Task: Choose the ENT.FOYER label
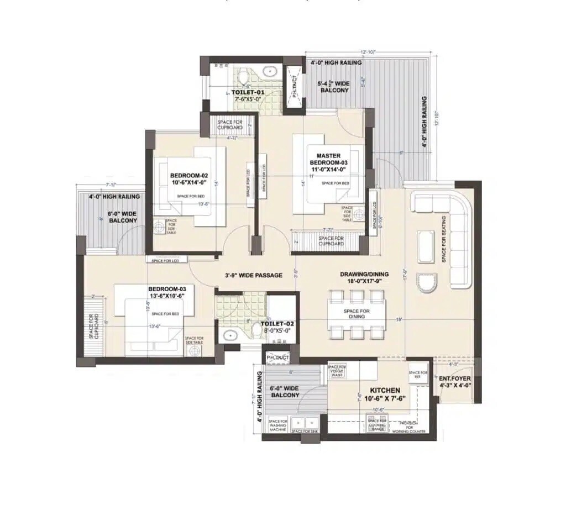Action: click(x=455, y=382)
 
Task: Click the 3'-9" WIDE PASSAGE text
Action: click(x=254, y=275)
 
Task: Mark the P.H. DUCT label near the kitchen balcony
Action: click(x=277, y=358)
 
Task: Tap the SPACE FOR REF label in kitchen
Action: click(x=418, y=375)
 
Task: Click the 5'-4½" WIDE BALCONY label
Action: click(x=333, y=86)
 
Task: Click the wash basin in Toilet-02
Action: click(x=229, y=335)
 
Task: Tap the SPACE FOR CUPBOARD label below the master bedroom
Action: click(x=331, y=241)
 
